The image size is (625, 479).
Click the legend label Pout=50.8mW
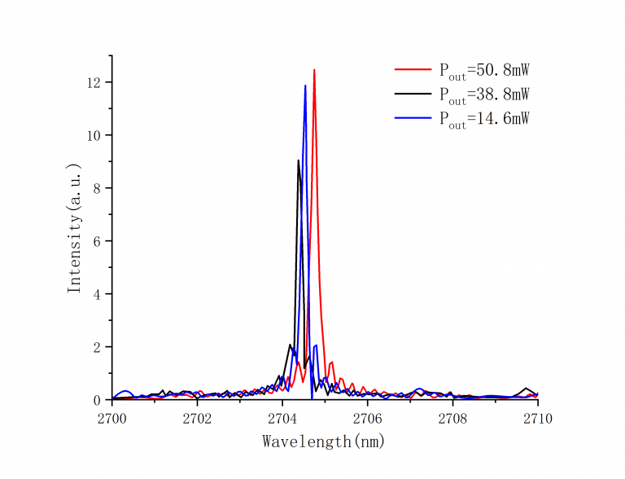point(484,71)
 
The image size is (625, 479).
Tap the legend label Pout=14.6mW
point(484,119)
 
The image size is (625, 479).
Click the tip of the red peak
point(314,70)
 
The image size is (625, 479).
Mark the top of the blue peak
point(305,86)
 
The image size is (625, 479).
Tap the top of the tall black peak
point(299,160)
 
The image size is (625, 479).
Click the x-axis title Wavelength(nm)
point(323,442)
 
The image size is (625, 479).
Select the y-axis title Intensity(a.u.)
point(75,228)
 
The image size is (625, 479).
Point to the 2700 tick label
point(111,418)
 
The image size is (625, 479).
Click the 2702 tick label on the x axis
point(197,418)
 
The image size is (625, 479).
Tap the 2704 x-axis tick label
point(282,418)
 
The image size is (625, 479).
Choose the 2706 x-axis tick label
point(367,418)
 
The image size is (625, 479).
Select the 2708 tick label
point(452,418)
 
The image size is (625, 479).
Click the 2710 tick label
point(538,418)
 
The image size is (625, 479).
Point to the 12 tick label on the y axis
point(94,82)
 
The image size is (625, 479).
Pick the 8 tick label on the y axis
point(98,188)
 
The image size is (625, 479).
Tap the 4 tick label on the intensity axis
point(98,294)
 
